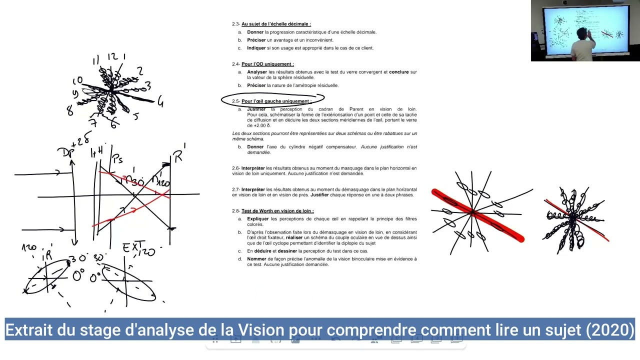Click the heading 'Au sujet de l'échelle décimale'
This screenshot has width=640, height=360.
point(275,24)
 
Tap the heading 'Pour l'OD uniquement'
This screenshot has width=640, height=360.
point(267,64)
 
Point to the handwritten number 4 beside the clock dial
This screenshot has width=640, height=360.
point(160,102)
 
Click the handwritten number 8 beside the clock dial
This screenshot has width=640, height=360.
point(70,111)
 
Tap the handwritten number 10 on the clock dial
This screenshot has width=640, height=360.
point(77,81)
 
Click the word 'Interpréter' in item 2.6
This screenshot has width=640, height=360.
point(253,168)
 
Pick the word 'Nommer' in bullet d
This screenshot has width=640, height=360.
point(256,259)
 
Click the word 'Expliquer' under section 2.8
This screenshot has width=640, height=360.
point(258,219)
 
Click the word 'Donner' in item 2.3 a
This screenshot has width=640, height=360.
point(255,32)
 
